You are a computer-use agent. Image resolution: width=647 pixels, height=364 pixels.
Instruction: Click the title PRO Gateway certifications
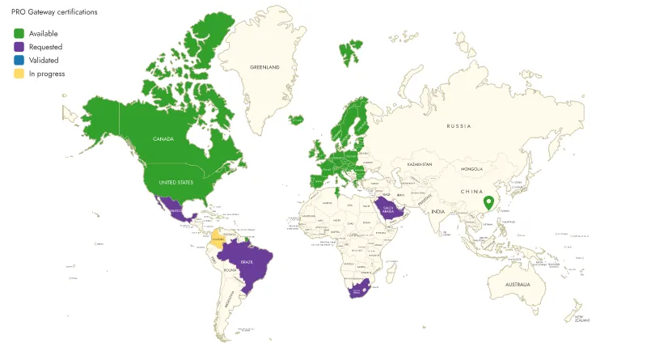(54, 12)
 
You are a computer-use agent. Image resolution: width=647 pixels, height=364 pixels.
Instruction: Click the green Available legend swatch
(19, 33)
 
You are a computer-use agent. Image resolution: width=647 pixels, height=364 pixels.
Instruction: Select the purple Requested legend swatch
(19, 47)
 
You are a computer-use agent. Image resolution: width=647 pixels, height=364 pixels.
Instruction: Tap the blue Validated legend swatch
(19, 60)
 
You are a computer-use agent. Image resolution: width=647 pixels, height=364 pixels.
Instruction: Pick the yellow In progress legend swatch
(19, 74)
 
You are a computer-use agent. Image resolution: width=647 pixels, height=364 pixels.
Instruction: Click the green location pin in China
(488, 203)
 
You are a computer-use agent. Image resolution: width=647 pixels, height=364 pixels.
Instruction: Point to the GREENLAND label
(264, 67)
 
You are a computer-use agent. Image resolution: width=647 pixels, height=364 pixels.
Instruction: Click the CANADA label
(163, 138)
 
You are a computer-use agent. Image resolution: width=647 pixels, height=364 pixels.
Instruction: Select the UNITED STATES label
(175, 183)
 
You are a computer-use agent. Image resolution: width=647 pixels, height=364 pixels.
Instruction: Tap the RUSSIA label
(459, 126)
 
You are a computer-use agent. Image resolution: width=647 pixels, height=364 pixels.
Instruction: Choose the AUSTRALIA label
(518, 286)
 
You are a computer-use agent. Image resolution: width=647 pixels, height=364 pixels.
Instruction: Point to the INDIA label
(438, 212)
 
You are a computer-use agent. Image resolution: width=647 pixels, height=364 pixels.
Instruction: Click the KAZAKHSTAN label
(420, 164)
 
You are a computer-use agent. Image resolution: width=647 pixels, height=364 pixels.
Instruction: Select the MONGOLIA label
(472, 169)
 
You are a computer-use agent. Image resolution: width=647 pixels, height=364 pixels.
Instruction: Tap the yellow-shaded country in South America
(217, 239)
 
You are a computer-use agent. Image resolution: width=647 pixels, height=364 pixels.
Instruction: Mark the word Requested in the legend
(45, 47)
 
